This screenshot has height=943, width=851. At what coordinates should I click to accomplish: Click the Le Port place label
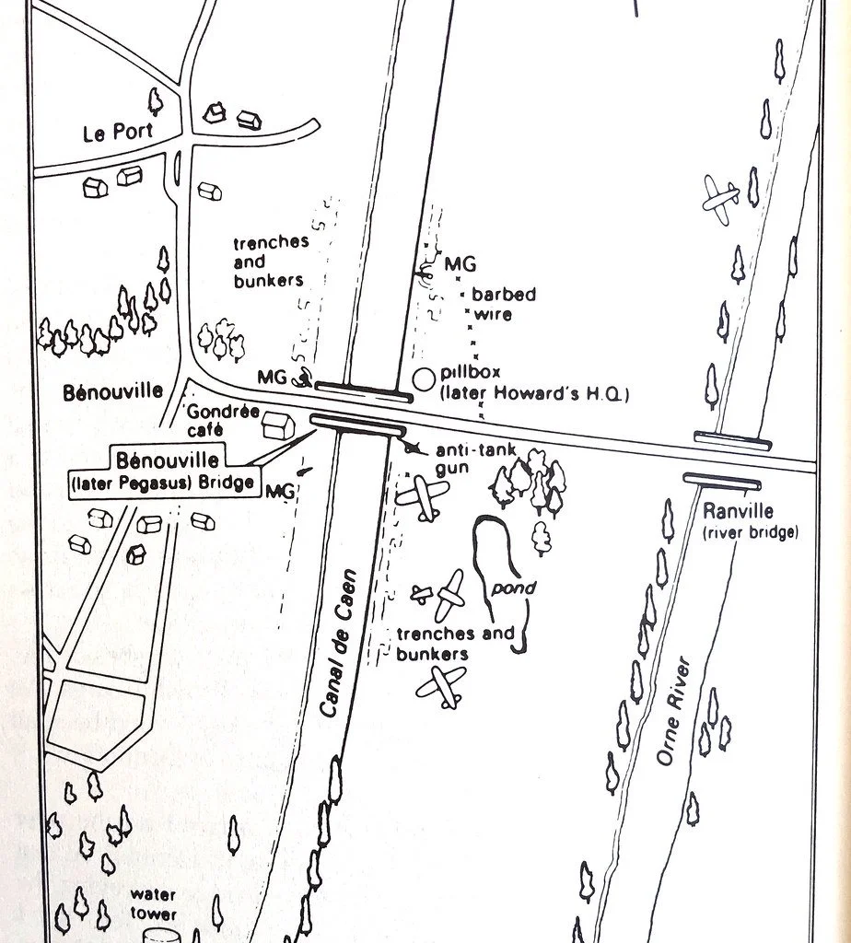118,133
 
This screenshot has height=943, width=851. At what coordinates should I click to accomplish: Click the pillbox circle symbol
423,378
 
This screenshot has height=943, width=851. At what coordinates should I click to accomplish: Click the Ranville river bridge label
748,520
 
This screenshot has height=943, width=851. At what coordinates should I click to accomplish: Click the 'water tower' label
153,902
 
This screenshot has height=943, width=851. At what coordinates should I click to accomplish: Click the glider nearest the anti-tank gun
422,499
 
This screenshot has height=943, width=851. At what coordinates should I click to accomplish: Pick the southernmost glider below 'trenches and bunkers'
441,684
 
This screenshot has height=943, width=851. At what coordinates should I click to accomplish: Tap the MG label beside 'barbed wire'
460,265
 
